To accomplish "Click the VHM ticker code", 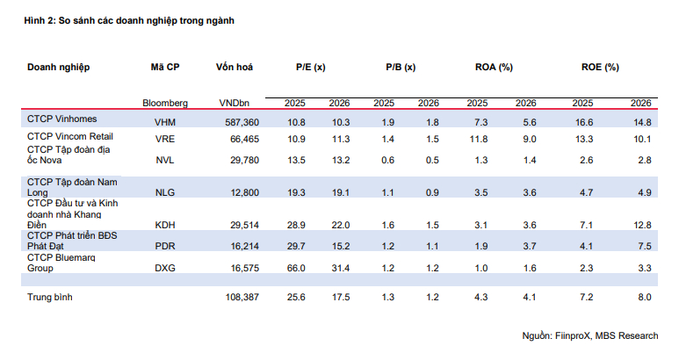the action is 165,122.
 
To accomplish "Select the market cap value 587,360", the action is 242,122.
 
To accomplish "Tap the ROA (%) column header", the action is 494,67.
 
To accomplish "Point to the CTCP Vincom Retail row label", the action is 70,136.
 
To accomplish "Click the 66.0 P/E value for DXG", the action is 296,269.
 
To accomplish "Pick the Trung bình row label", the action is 50,298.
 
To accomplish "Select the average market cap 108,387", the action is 242,298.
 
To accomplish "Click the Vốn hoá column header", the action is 235,67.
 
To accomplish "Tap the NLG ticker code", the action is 165,192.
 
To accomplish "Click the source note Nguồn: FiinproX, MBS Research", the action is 590,335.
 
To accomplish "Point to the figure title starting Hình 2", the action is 129,20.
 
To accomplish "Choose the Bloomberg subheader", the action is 165,103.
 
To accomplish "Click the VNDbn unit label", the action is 235,103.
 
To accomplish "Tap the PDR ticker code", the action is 165,246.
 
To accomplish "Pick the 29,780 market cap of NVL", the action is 245,160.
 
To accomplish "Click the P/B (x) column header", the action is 401,67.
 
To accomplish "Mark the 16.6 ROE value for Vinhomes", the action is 584,122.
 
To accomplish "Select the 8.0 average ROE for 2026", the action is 645,298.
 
